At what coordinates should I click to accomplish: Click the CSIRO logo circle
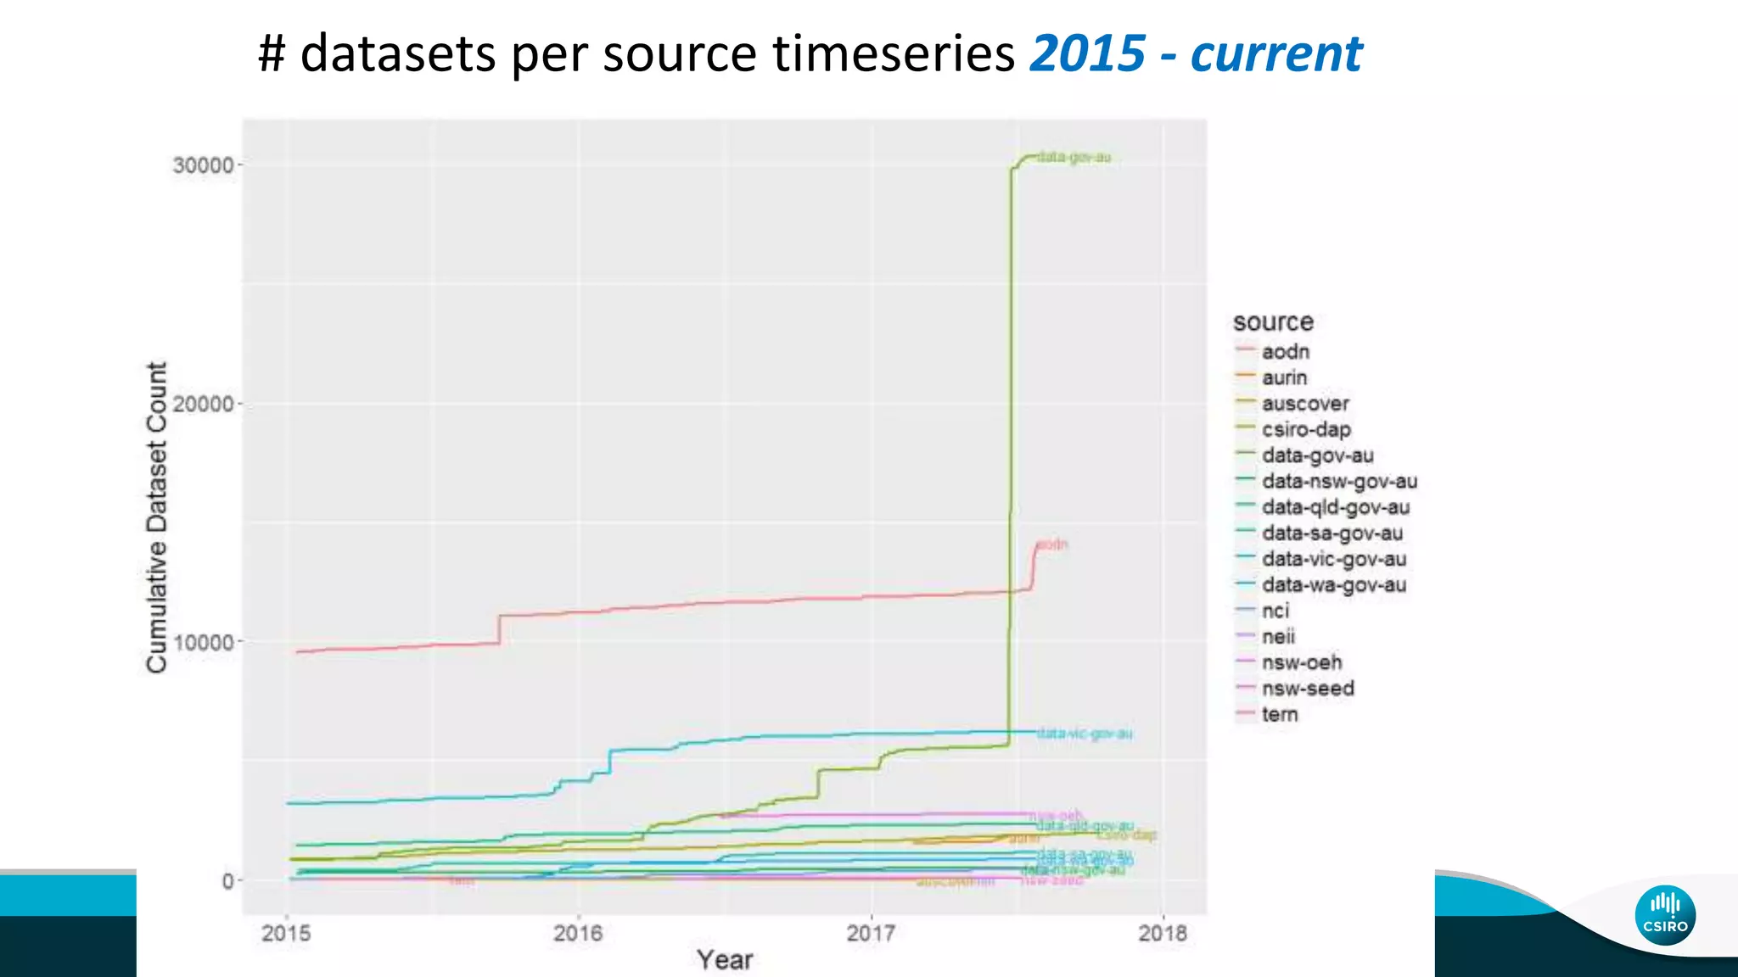1665,915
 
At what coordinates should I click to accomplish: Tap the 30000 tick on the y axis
204,165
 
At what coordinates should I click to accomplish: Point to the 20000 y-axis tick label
204,404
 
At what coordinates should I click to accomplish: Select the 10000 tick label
204,642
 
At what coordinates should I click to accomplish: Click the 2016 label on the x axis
578,933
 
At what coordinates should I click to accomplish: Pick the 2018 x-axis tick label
1163,933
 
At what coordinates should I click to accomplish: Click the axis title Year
725,960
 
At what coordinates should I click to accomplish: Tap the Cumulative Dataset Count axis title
157,517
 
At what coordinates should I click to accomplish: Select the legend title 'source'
1273,322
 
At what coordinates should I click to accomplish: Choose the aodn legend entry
1285,351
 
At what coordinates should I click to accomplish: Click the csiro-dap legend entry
1305,429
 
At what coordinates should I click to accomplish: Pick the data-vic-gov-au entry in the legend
1333,559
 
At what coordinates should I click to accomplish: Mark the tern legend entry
1279,714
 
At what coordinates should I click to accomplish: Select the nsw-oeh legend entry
1301,662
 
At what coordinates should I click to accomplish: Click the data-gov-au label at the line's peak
1074,157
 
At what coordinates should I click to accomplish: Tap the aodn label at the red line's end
1052,544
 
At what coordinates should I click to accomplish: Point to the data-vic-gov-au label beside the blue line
1085,734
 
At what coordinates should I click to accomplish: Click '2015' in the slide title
1087,53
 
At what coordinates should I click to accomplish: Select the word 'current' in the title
1275,53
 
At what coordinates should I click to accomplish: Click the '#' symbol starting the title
271,53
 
